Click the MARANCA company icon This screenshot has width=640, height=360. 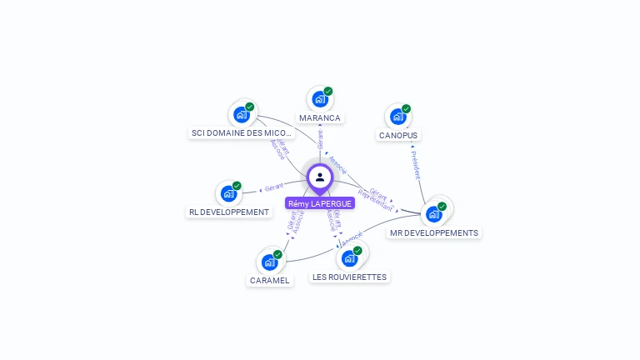[320, 99]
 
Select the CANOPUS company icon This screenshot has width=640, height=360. [397, 117]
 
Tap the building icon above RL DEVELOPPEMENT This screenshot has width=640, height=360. [228, 194]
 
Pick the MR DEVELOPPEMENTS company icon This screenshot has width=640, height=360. [434, 214]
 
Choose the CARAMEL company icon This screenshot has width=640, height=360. [269, 262]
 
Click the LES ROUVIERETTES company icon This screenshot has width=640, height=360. [349, 258]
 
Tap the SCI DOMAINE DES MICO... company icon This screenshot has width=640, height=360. [242, 114]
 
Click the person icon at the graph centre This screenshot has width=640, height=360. [320, 177]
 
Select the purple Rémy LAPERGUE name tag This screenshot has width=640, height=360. [320, 203]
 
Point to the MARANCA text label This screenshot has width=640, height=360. [320, 118]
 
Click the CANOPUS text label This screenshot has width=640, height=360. [398, 135]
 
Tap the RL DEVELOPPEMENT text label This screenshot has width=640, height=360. [229, 212]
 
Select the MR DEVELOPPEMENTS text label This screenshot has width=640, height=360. [434, 233]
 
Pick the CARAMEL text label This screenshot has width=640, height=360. [270, 281]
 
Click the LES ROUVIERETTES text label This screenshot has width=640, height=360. [350, 277]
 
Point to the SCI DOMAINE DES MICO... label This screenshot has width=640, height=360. [242, 132]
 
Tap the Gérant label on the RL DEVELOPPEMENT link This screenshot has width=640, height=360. [274, 187]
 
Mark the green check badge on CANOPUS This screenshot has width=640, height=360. [406, 108]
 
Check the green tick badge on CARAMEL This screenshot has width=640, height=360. [277, 254]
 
